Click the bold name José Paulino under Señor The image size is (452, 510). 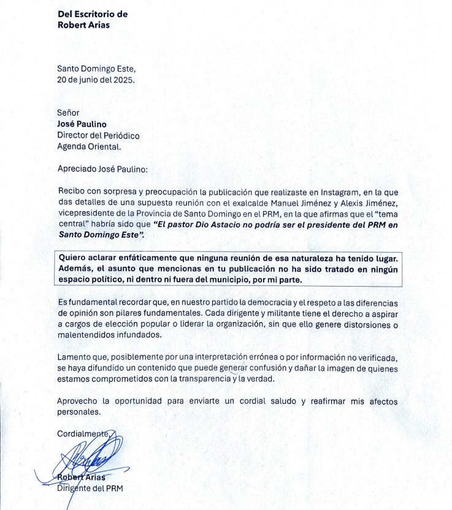(83, 124)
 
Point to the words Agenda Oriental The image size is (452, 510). (89, 147)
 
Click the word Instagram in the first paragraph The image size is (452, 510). (326, 191)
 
